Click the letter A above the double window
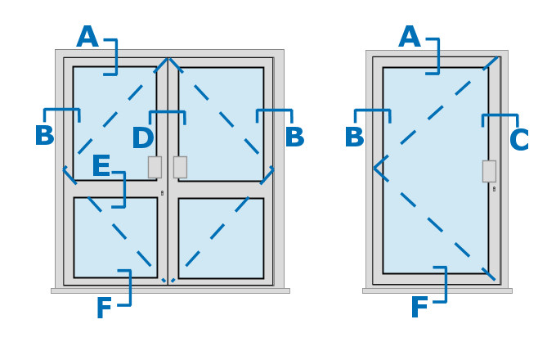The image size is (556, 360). click(x=87, y=38)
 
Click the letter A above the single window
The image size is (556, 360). click(x=409, y=38)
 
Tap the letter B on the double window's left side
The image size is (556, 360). click(x=44, y=137)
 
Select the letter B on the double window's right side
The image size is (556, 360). click(x=294, y=138)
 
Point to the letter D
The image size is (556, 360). click(x=142, y=140)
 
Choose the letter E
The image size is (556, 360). click(x=101, y=167)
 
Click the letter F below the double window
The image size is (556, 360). click(x=104, y=309)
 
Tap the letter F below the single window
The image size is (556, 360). click(x=419, y=308)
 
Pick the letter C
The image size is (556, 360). click(x=519, y=141)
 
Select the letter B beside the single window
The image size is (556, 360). click(x=354, y=138)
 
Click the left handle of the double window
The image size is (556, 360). click(x=155, y=167)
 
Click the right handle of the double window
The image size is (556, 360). click(x=180, y=167)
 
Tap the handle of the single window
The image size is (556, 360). click(x=489, y=171)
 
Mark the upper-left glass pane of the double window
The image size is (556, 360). click(x=114, y=123)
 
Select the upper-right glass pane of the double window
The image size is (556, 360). click(x=221, y=123)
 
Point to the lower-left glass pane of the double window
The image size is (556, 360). click(x=115, y=237)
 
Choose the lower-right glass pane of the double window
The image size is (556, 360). click(x=221, y=238)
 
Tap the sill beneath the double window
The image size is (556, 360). click(x=170, y=290)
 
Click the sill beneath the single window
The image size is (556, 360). click(x=437, y=290)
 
